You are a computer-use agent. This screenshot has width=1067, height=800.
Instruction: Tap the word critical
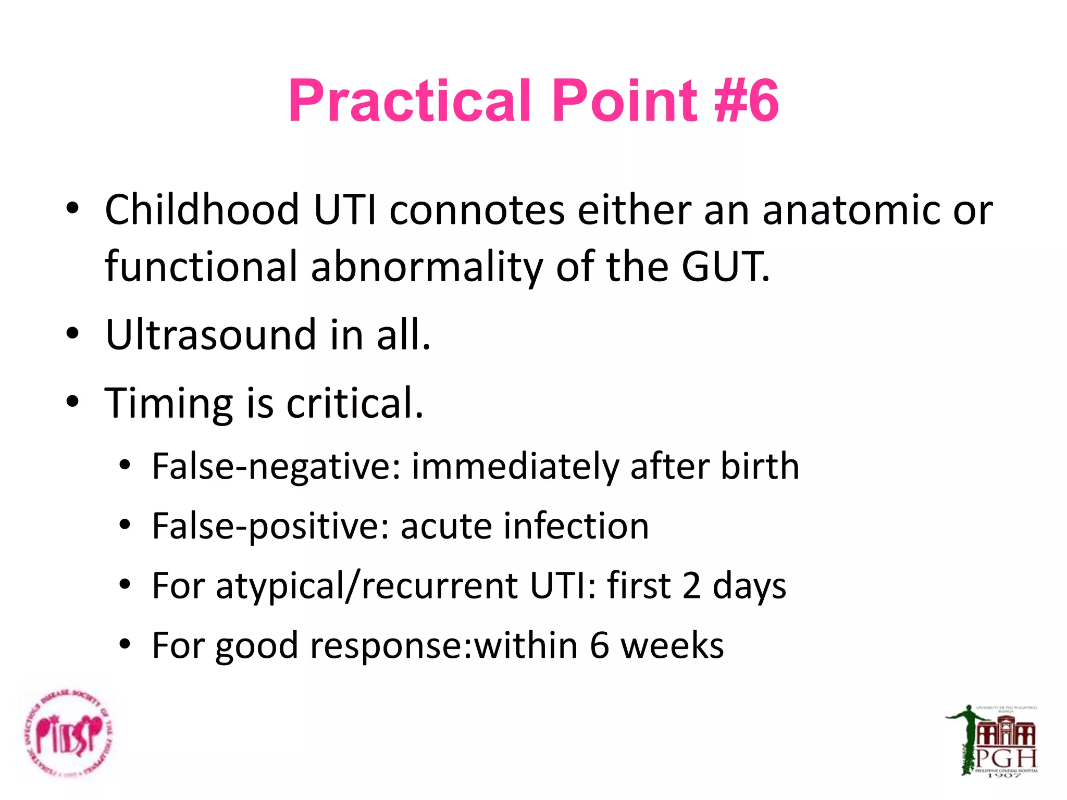pyautogui.click(x=355, y=404)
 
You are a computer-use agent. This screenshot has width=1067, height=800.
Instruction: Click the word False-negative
pyautogui.click(x=276, y=466)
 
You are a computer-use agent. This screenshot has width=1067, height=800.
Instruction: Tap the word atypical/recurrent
pyautogui.click(x=367, y=586)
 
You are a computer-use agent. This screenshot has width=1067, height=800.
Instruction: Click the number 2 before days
pyautogui.click(x=691, y=586)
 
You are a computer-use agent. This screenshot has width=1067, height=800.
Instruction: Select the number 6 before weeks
pyautogui.click(x=599, y=646)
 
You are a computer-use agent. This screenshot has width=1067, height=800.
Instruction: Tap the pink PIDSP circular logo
pyautogui.click(x=69, y=734)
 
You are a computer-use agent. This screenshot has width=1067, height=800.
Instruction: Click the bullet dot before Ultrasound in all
pyautogui.click(x=72, y=333)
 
